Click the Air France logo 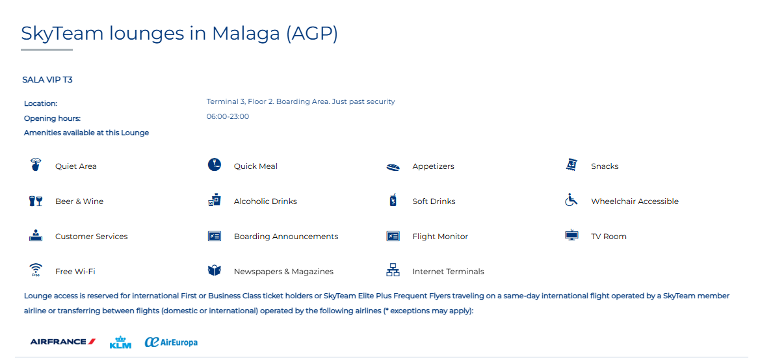click(x=63, y=342)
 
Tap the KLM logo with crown click(x=120, y=342)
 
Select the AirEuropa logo click(x=171, y=342)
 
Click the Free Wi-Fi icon click(x=36, y=270)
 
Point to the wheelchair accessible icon click(x=571, y=199)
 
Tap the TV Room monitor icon click(x=572, y=235)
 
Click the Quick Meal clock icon click(x=215, y=165)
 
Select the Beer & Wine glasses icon click(x=36, y=201)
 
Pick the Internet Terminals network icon click(x=393, y=270)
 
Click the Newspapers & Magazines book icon click(x=215, y=270)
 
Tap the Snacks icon click(x=572, y=165)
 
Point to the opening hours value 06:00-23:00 click(x=228, y=116)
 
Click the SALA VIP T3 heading click(x=47, y=80)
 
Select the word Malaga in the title click(x=246, y=33)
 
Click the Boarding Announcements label click(x=286, y=237)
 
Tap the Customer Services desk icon click(x=36, y=235)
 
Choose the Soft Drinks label click(x=434, y=201)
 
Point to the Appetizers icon click(x=393, y=167)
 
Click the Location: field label click(x=41, y=103)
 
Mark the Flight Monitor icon click(x=393, y=236)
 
